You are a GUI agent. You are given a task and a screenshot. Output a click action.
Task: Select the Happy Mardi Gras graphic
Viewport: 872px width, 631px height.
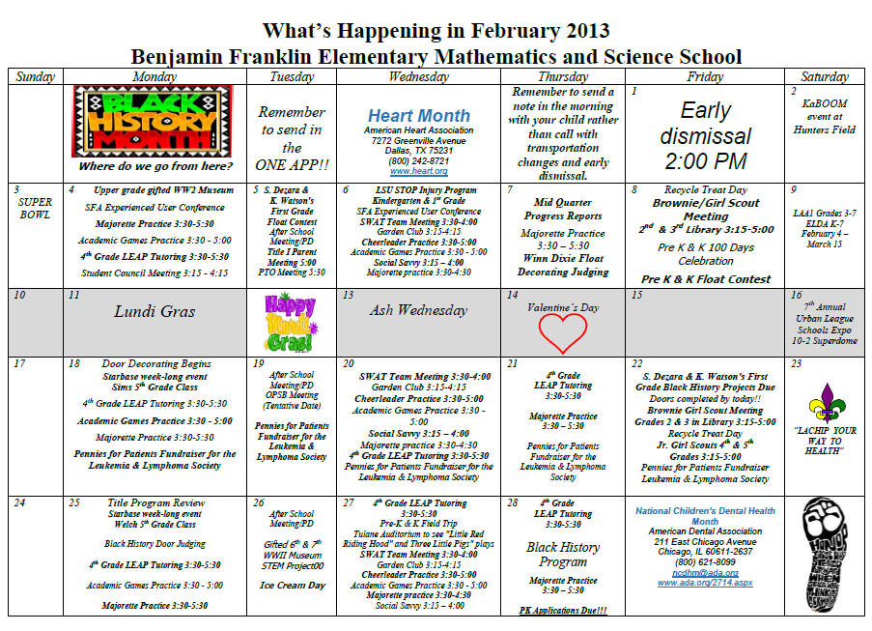coord(290,323)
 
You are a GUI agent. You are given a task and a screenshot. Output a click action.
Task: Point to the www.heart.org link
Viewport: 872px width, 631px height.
coord(418,171)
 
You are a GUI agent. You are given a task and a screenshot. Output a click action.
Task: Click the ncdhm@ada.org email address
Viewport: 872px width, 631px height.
coord(706,572)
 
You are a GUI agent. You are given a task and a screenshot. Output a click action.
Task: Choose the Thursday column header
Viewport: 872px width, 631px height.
coord(564,76)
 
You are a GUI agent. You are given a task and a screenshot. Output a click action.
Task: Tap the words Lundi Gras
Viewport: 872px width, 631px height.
coord(155,311)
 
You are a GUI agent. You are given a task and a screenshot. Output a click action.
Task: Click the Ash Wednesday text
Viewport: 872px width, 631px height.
coord(418,310)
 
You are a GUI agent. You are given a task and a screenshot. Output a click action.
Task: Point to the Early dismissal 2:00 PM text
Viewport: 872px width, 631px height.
coord(706,135)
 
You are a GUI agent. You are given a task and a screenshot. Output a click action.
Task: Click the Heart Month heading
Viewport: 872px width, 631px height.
coord(418,116)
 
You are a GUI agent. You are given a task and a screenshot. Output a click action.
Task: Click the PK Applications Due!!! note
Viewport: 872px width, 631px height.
coord(563,610)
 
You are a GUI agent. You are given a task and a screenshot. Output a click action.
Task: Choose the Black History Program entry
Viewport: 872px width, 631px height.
coord(563,554)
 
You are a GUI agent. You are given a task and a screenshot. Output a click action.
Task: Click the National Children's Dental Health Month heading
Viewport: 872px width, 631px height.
coord(705,515)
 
